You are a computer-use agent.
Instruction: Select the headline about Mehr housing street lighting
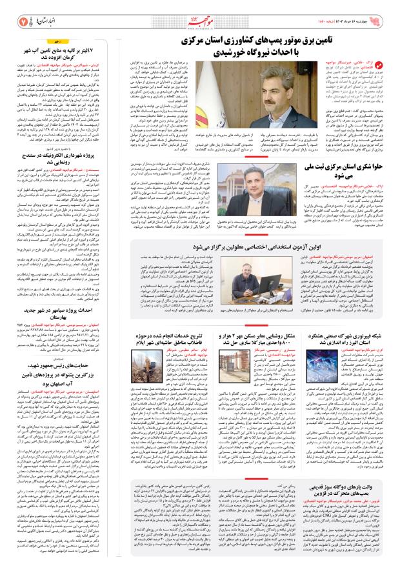coord(265,326)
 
